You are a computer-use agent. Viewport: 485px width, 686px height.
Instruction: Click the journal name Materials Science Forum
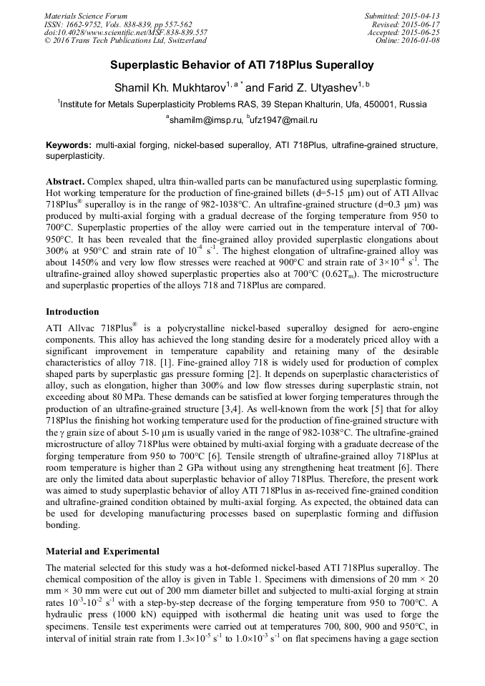[x=86, y=16]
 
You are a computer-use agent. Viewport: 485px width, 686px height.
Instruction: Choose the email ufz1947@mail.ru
[x=284, y=120]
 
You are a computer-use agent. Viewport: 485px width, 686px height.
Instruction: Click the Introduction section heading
[x=72, y=312]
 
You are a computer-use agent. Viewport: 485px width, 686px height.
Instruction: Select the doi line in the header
[x=126, y=32]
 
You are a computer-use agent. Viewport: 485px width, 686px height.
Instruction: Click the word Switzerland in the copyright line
[x=182, y=41]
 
